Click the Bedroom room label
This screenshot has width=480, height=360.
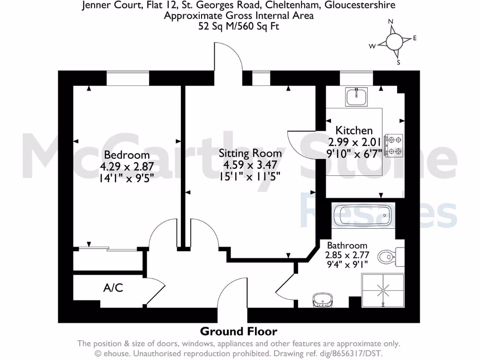(127, 155)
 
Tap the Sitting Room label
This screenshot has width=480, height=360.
(250, 153)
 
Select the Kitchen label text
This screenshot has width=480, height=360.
(354, 131)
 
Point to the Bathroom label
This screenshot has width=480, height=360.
(347, 246)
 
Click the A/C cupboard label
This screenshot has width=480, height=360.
(113, 287)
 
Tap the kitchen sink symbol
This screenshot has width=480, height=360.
(357, 97)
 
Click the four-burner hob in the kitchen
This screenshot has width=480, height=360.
(394, 145)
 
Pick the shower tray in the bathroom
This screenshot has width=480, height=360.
(382, 291)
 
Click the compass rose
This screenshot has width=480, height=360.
(394, 42)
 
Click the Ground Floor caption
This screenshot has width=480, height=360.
(239, 331)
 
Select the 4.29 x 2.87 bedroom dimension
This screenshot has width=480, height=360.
(127, 166)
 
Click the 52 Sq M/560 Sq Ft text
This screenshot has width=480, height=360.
(239, 27)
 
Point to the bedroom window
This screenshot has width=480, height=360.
(127, 78)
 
